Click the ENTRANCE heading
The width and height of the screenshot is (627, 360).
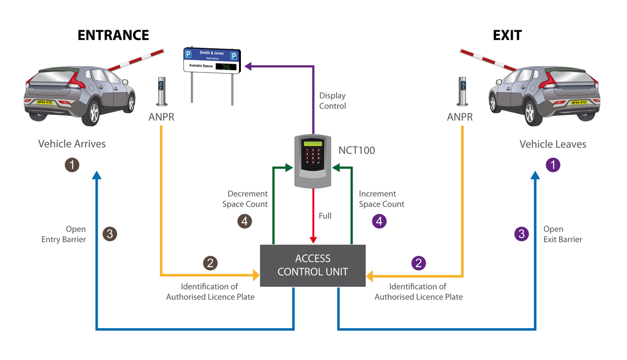pyautogui.click(x=113, y=35)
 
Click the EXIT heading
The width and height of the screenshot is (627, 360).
pyautogui.click(x=507, y=35)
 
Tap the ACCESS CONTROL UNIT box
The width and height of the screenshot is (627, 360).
pyautogui.click(x=312, y=265)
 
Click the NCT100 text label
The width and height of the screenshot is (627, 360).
pyautogui.click(x=356, y=150)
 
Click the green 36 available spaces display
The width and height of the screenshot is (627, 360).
pyautogui.click(x=226, y=67)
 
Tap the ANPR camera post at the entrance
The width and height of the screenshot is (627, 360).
pyautogui.click(x=162, y=91)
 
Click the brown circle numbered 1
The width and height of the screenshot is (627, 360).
pyautogui.click(x=72, y=164)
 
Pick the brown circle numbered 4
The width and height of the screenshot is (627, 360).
pyautogui.click(x=245, y=221)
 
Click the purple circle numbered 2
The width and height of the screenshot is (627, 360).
pyautogui.click(x=419, y=263)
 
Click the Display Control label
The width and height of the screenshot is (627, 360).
pyautogui.click(x=333, y=101)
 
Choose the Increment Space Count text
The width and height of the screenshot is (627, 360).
pyautogui.click(x=381, y=199)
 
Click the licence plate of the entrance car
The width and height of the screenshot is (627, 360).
pyautogui.click(x=46, y=102)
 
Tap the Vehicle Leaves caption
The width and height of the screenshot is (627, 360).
pyautogui.click(x=553, y=145)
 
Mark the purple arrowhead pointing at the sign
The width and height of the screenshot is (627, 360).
pyautogui.click(x=248, y=67)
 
